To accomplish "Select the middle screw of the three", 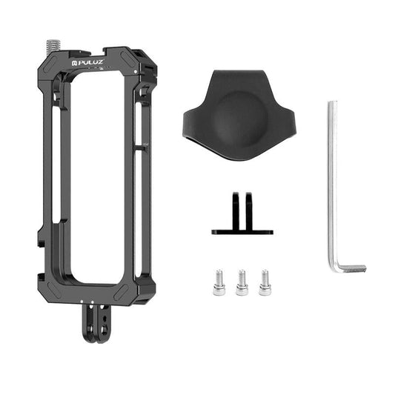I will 242,282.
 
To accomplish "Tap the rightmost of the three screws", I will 265,282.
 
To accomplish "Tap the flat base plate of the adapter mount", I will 242,232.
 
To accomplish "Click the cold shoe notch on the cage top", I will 104,53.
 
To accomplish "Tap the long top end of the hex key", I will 332,107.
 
